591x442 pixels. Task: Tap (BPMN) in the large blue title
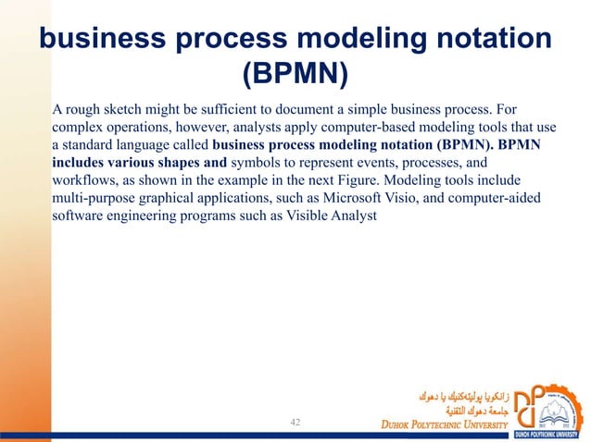pyautogui.click(x=295, y=77)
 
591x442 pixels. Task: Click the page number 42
pyautogui.click(x=296, y=422)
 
